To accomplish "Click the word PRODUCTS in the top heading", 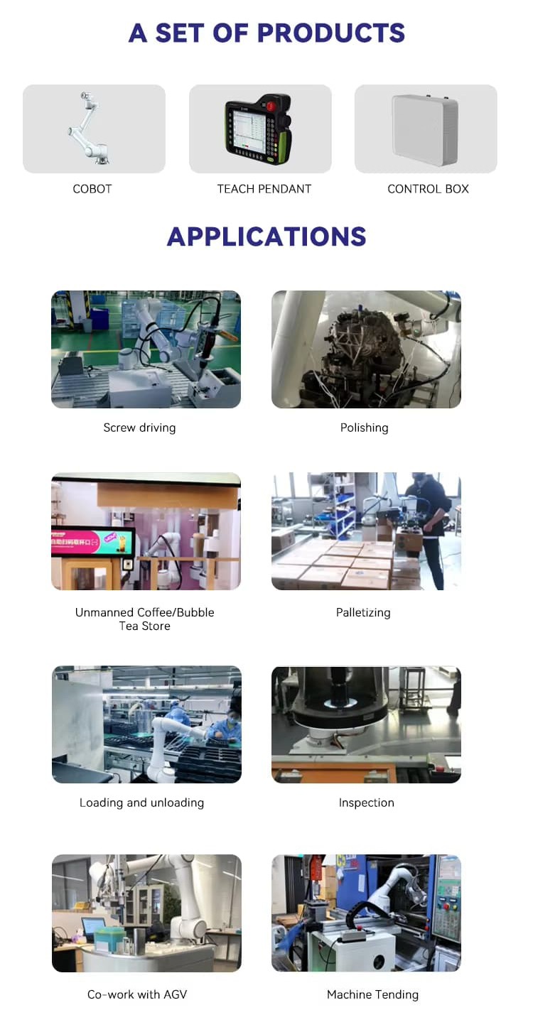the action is point(330,33).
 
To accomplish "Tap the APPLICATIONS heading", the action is point(266,237).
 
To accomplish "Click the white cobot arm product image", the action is point(90,128).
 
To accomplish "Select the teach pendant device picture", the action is point(258,129).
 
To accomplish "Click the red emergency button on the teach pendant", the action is point(271,106).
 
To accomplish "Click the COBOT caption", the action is point(92,189).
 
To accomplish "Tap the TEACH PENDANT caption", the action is point(264,189).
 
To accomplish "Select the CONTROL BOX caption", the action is point(428,189).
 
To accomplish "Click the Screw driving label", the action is point(139,428).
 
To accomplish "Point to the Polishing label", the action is point(364,428).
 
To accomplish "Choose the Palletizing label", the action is point(363,612).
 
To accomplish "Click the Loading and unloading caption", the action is point(141,803).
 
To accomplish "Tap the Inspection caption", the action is point(367,803).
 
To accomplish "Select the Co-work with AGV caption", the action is point(137,994).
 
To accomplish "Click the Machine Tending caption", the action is point(373,994).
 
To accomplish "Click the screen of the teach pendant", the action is point(249,130).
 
